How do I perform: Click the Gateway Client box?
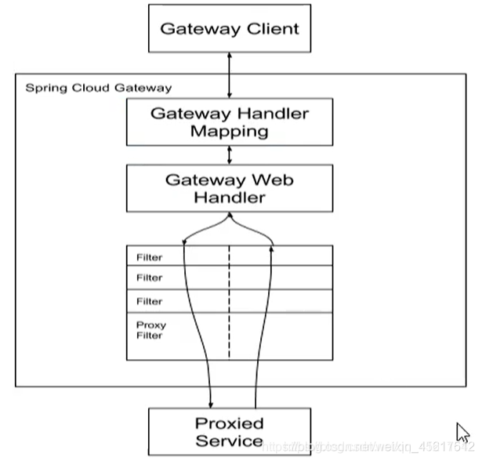(x=229, y=29)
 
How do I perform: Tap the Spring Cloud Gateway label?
(x=98, y=88)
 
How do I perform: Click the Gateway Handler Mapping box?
(x=229, y=122)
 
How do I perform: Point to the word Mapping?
(x=229, y=131)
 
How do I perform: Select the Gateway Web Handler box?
(x=229, y=188)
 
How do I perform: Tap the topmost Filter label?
(x=149, y=257)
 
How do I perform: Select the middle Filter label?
(x=149, y=278)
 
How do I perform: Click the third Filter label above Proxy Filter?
(x=149, y=301)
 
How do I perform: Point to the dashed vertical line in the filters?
(x=229, y=302)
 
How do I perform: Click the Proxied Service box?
(x=229, y=431)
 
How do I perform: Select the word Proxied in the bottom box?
(x=229, y=423)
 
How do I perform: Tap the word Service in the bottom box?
(x=229, y=441)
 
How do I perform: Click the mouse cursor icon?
(x=462, y=432)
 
